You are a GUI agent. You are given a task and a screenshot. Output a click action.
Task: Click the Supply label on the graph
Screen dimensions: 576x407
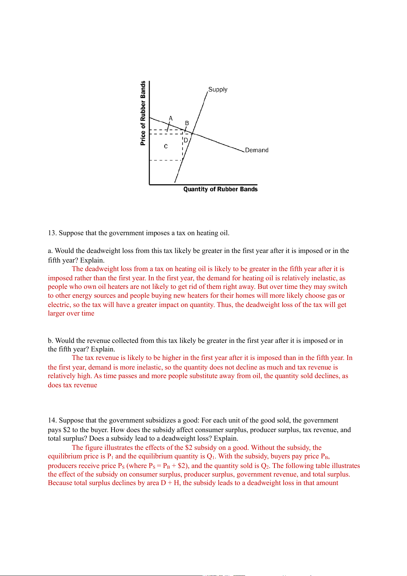tap(218, 90)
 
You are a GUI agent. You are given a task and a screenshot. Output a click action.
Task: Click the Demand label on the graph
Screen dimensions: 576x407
tap(257, 150)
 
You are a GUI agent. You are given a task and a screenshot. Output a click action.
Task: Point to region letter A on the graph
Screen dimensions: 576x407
tap(171, 118)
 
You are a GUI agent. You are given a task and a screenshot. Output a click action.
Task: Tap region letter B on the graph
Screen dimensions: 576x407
tap(187, 123)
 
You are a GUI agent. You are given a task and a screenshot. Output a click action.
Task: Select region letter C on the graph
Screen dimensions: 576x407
tap(166, 146)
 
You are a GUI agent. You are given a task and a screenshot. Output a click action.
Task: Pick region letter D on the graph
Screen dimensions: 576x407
tap(186, 140)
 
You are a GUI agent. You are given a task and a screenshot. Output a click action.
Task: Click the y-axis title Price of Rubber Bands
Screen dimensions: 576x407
tap(143, 113)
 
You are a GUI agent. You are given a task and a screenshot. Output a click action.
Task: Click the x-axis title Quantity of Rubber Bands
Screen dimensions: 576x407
tap(220, 189)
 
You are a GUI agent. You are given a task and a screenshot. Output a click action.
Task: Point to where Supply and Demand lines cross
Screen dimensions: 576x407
tap(192, 133)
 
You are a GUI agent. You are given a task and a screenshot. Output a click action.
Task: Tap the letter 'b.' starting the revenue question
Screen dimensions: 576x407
tap(51, 341)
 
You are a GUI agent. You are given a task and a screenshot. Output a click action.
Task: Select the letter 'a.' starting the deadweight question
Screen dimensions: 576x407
tap(50, 251)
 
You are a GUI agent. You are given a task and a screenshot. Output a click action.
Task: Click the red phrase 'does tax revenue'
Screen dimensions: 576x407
tap(72, 385)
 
